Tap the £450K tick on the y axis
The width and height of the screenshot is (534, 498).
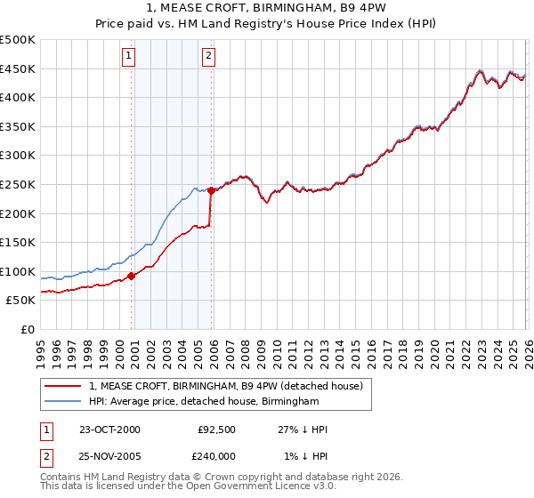point(18,68)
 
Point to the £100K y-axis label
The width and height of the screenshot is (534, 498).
point(18,271)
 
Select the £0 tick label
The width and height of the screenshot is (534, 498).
point(27,329)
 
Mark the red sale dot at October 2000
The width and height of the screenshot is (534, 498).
point(132,276)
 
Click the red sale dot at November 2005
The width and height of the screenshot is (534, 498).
point(211,190)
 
